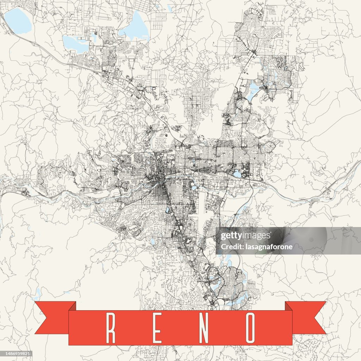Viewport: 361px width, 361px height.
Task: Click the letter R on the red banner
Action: (x=111, y=328)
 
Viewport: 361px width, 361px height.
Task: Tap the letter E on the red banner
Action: (x=157, y=328)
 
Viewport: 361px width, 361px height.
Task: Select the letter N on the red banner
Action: (x=204, y=328)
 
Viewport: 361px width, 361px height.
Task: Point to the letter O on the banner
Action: (x=251, y=328)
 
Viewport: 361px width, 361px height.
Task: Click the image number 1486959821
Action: (x=16, y=354)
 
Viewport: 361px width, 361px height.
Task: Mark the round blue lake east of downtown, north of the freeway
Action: (x=237, y=174)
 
